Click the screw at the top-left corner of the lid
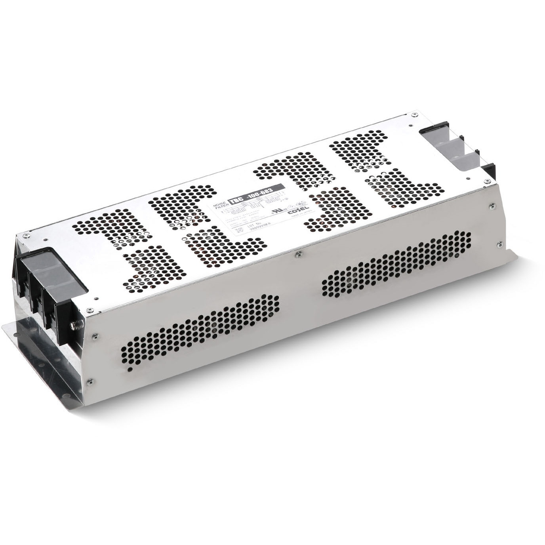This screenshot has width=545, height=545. tap(25, 235)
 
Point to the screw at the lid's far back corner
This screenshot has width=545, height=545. tap(414, 114)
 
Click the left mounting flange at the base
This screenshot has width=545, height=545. tap(36, 349)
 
